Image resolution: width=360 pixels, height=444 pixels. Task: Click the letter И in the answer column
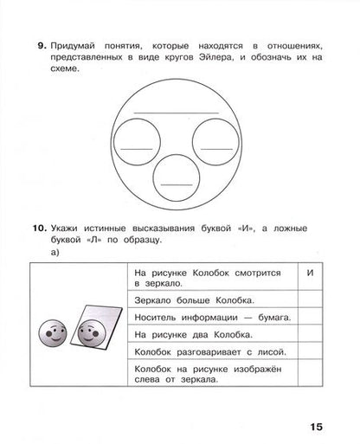click(x=310, y=273)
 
